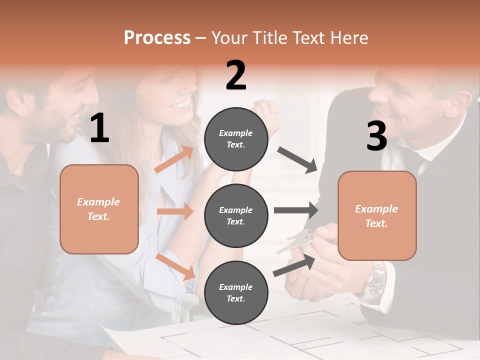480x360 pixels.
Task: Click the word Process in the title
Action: tap(157, 37)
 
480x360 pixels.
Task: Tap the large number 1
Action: tap(99, 128)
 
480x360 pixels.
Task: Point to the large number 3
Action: tap(376, 136)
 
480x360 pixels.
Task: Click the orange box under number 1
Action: tap(99, 209)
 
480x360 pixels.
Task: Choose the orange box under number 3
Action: tap(377, 215)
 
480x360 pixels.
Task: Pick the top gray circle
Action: tap(236, 139)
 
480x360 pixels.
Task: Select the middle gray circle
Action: tap(236, 215)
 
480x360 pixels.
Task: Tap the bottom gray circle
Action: tap(236, 292)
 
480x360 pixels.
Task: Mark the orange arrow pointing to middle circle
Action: tap(175, 211)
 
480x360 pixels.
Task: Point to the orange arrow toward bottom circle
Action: tap(175, 266)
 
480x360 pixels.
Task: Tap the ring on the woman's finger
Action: tap(273, 113)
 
